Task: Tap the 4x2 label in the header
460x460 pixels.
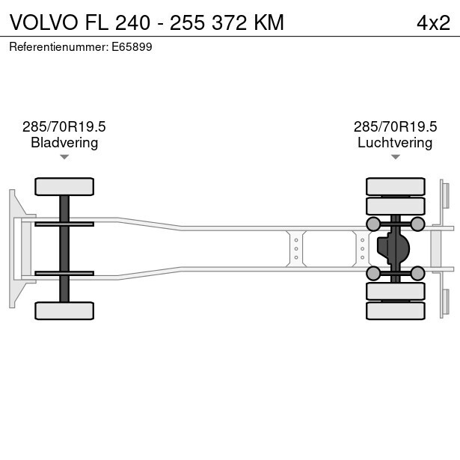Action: [433, 22]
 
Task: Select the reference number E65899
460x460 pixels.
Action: [132, 46]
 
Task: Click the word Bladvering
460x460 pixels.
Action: [64, 142]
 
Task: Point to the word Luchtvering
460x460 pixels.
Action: [395, 142]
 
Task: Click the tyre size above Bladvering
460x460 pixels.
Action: [64, 126]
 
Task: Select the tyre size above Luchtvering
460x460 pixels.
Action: [395, 126]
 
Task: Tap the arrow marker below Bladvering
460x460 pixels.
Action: [64, 157]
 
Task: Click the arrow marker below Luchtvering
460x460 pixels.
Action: [395, 157]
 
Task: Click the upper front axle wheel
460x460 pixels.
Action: [64, 186]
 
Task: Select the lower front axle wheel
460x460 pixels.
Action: [64, 310]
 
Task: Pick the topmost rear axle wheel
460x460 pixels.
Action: [395, 186]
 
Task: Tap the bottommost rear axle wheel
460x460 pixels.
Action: [395, 310]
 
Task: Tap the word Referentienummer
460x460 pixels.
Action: [57, 46]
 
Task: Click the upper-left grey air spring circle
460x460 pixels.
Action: [372, 224]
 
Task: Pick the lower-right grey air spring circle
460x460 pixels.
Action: [417, 273]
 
